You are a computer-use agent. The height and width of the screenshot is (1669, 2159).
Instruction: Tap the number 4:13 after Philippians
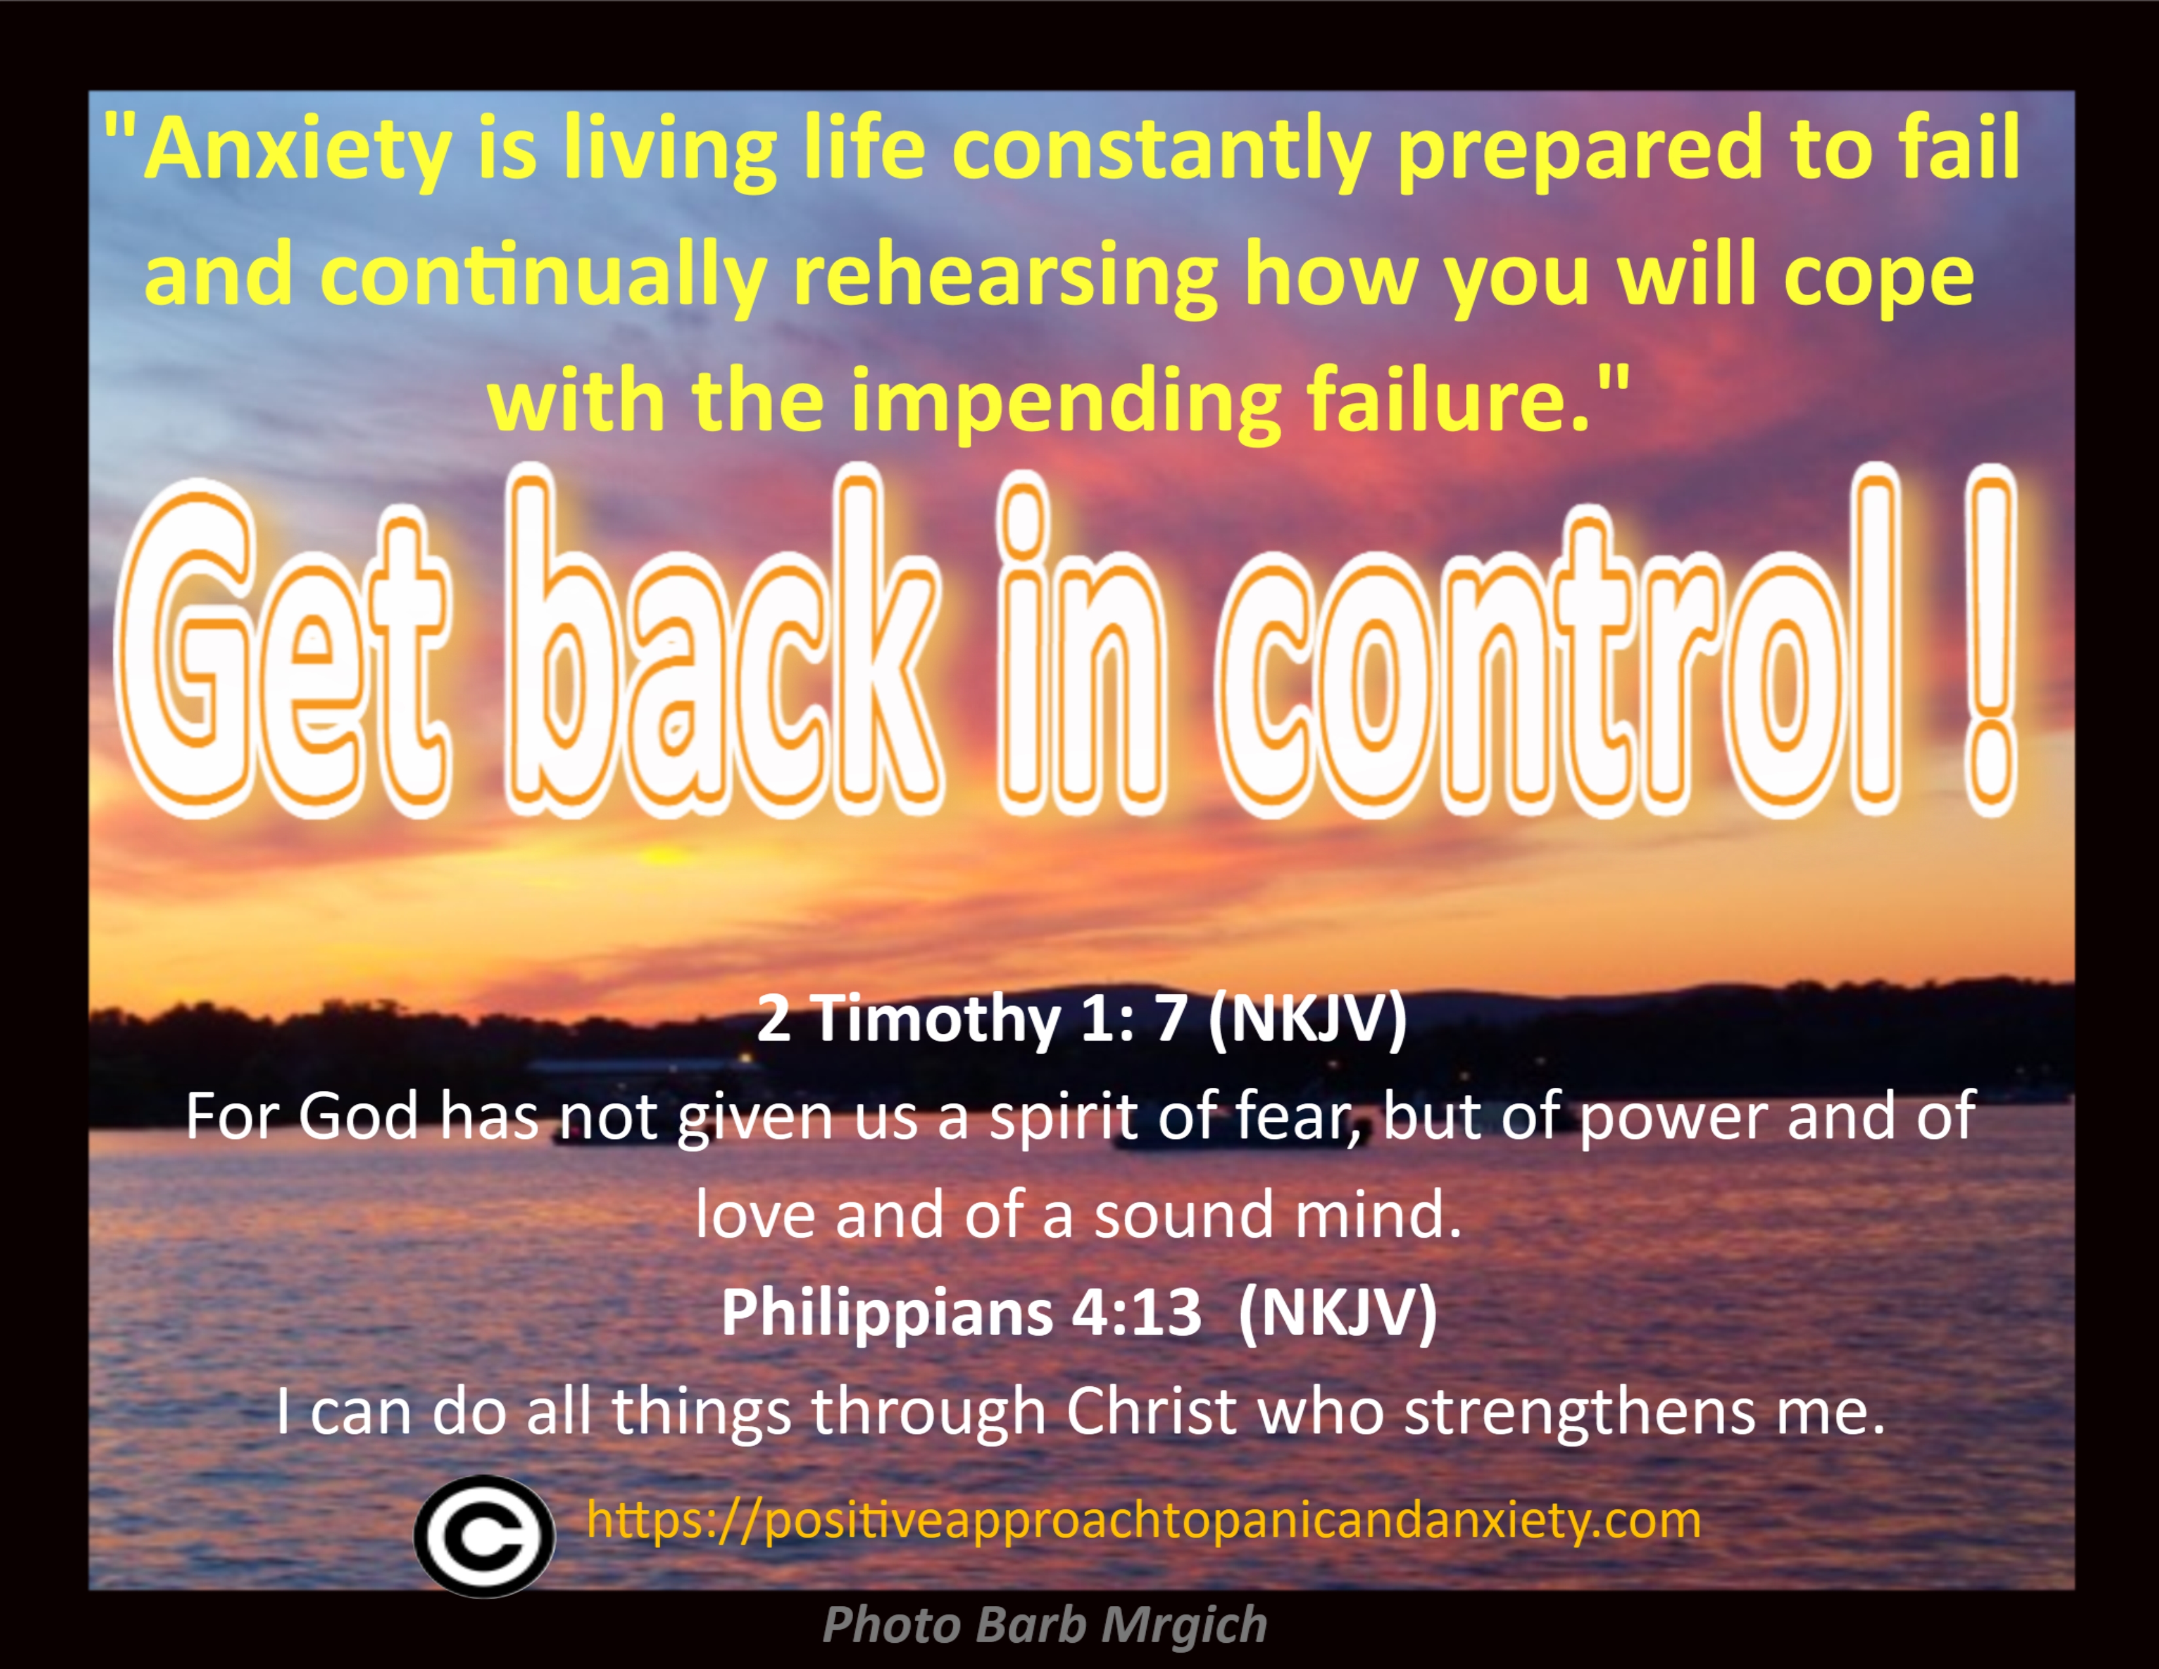click(1137, 1312)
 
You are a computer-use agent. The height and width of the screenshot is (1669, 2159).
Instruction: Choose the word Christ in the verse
click(1151, 1411)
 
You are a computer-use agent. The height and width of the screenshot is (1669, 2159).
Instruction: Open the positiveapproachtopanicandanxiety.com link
click(1144, 1520)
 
